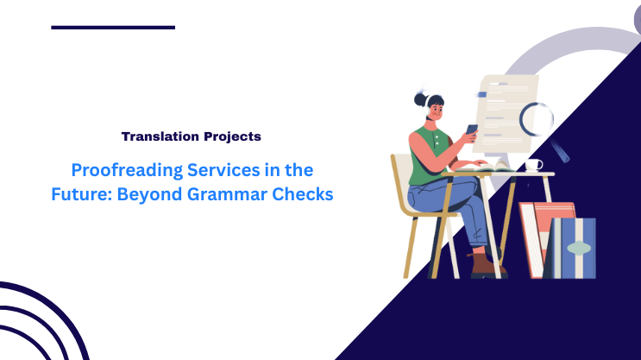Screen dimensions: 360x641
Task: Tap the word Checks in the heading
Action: coord(305,194)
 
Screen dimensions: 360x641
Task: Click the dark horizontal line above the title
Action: coord(113,27)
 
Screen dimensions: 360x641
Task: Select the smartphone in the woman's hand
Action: coord(472,130)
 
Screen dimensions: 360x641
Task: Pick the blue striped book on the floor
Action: coord(575,248)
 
